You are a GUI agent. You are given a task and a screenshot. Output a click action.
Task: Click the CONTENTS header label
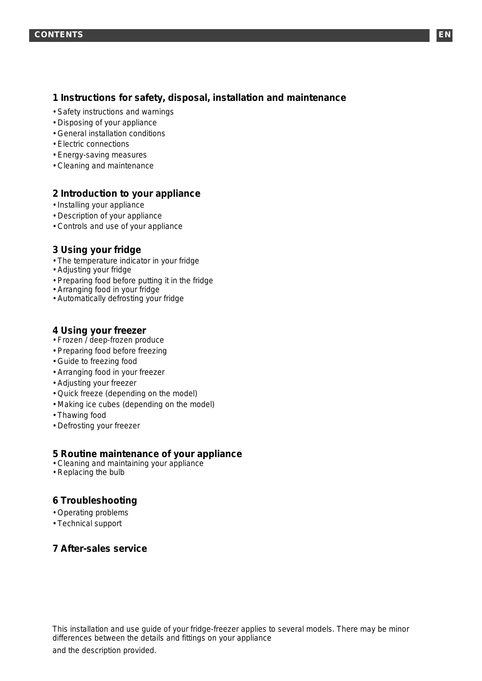[59, 35]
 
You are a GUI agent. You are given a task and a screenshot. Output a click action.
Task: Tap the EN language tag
[444, 35]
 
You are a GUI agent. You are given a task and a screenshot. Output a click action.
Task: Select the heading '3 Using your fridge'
[97, 250]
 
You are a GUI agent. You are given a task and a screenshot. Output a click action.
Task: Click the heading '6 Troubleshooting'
[95, 501]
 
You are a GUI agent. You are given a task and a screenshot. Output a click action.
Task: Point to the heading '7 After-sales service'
[100, 549]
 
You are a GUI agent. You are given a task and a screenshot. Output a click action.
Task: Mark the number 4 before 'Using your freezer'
[55, 331]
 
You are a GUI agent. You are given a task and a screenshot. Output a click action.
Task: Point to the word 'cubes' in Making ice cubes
[109, 404]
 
